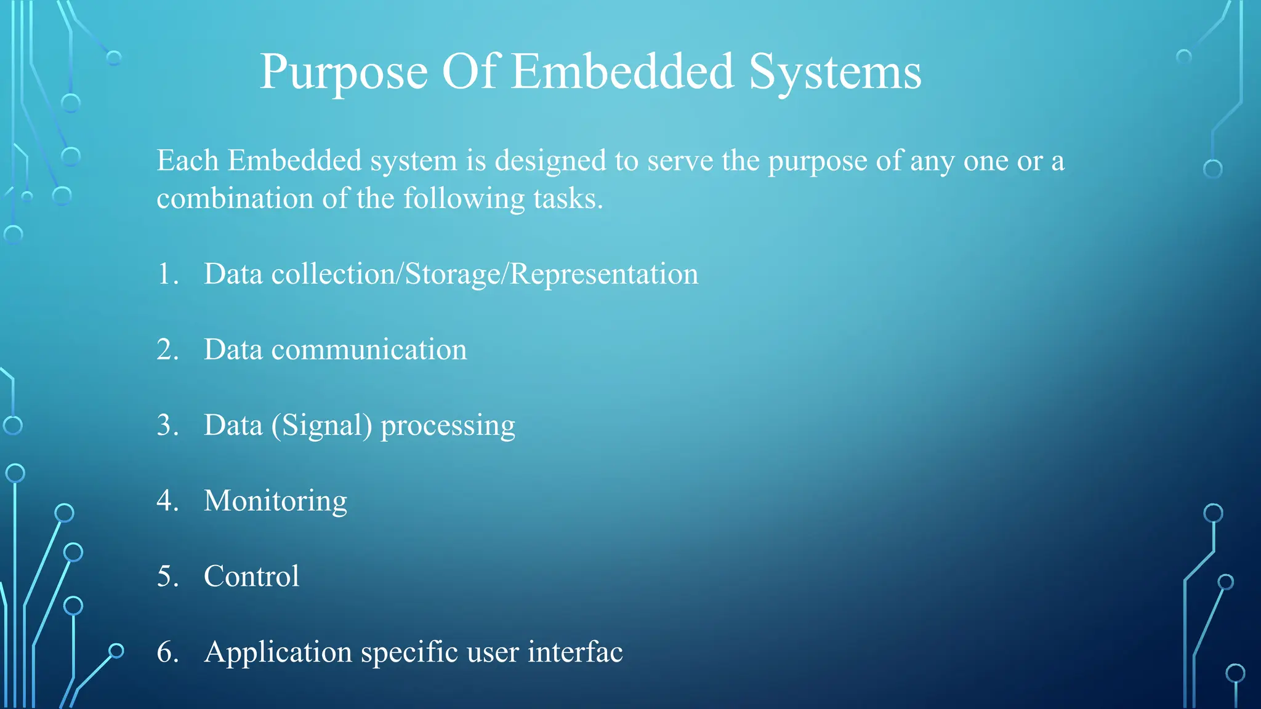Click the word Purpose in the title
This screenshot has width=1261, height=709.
point(344,73)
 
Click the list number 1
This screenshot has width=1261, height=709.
point(166,274)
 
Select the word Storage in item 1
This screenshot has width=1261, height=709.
point(453,274)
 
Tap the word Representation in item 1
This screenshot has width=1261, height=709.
point(604,274)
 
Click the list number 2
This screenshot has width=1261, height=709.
point(167,350)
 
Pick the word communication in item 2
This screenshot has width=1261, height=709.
point(369,350)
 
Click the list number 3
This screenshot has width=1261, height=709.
point(167,425)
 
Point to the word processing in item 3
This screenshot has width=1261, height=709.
point(448,426)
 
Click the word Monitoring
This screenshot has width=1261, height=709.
point(275,501)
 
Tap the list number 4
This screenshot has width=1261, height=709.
point(167,500)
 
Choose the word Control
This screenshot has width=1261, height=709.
point(251,577)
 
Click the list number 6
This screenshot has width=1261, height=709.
point(167,652)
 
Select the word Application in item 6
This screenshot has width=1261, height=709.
point(278,652)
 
